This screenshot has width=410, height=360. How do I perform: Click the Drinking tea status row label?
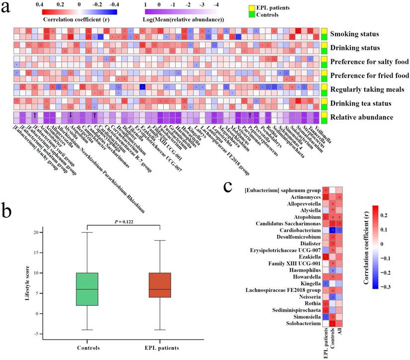pyautogui.click(x=361, y=103)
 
